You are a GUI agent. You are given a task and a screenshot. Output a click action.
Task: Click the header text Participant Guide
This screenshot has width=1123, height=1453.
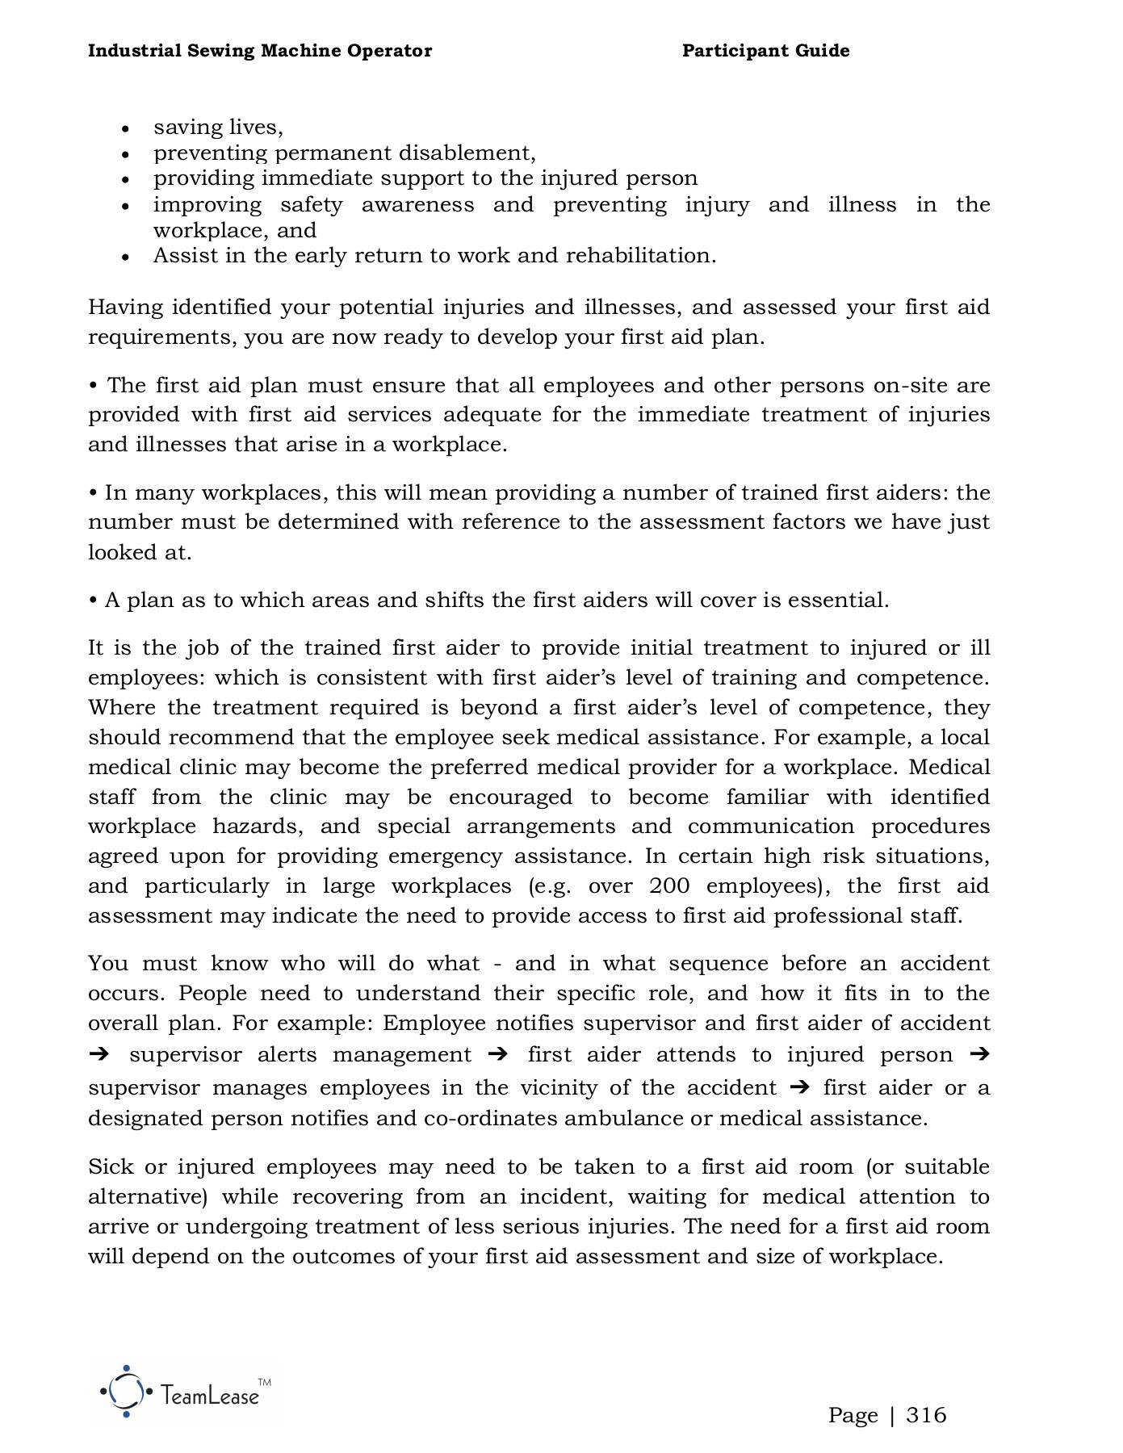765,51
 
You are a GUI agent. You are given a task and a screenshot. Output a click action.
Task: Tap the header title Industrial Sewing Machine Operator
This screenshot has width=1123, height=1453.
259,51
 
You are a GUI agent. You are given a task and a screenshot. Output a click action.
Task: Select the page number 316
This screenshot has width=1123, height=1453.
926,1415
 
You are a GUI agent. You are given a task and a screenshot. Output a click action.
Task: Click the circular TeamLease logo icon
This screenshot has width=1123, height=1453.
126,1391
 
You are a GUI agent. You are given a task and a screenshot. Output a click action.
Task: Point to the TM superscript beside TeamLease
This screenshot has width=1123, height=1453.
264,1382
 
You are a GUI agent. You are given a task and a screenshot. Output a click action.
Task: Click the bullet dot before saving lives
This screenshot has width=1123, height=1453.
125,129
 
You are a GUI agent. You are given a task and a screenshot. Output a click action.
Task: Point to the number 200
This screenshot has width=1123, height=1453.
669,886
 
